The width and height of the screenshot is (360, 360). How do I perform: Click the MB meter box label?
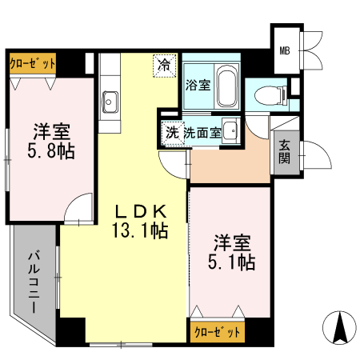pos(285,50)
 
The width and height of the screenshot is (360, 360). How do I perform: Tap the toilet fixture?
pos(270,95)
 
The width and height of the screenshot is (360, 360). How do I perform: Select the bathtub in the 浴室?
pos(226,86)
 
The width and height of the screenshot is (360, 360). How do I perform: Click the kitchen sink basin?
pos(110,102)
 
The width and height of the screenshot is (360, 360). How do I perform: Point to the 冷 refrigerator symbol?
pos(165,66)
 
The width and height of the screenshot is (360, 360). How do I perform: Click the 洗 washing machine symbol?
pos(173,133)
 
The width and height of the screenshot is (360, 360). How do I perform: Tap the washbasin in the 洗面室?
pos(230,130)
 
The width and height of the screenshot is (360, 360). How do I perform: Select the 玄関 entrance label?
pos(285,152)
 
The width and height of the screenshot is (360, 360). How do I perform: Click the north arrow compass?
pos(339,327)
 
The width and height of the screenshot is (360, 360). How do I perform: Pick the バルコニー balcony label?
pos(34,282)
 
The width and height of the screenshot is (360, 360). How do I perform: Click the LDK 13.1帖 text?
pos(141,221)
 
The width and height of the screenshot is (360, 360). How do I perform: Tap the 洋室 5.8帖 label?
pos(51,141)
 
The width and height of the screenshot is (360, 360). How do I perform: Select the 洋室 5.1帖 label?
pos(231,252)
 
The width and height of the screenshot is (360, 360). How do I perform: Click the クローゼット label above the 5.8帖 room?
pos(33,63)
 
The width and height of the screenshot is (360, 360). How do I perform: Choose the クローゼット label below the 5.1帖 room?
pos(218,332)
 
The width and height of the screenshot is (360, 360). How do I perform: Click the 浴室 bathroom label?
pos(198,85)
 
